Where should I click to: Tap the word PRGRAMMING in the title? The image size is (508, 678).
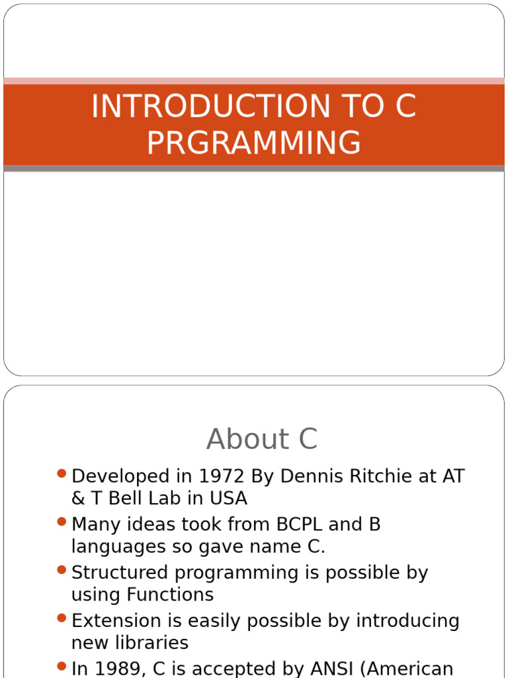coord(254,142)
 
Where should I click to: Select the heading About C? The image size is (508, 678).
coord(262,439)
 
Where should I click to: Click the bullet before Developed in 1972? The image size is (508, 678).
coord(62,473)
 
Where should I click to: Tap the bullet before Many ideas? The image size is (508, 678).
coord(62,522)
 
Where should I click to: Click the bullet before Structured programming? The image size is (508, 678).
coord(62,570)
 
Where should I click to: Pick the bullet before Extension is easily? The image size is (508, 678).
coord(62,618)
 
